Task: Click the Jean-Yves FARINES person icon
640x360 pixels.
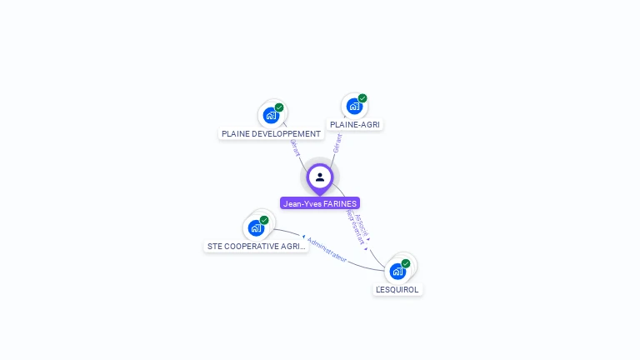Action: coord(320,177)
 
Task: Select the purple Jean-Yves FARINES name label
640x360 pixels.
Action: coord(320,203)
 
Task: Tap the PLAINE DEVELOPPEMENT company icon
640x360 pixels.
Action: coord(271,115)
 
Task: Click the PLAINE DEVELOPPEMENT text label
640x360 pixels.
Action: coord(271,133)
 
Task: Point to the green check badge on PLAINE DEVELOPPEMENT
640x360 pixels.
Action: coord(279,107)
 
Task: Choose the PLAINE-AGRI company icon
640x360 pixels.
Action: coord(354,106)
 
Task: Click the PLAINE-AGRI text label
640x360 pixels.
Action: coord(355,124)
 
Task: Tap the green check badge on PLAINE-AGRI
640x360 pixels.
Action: coord(362,98)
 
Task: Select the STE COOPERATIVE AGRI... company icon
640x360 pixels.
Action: coord(256,227)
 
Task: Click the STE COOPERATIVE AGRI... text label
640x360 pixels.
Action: coord(257,247)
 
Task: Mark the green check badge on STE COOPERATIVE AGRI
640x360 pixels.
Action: coord(264,220)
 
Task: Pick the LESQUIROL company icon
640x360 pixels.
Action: coord(398,271)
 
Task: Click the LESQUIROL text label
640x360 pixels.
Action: coord(397,289)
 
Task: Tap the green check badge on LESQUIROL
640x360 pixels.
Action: coord(406,263)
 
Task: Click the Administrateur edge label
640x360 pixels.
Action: coord(326,249)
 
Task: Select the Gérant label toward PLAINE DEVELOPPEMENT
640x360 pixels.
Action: coord(294,147)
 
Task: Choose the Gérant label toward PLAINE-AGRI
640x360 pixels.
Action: coord(337,142)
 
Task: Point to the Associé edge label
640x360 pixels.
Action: coord(362,226)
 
